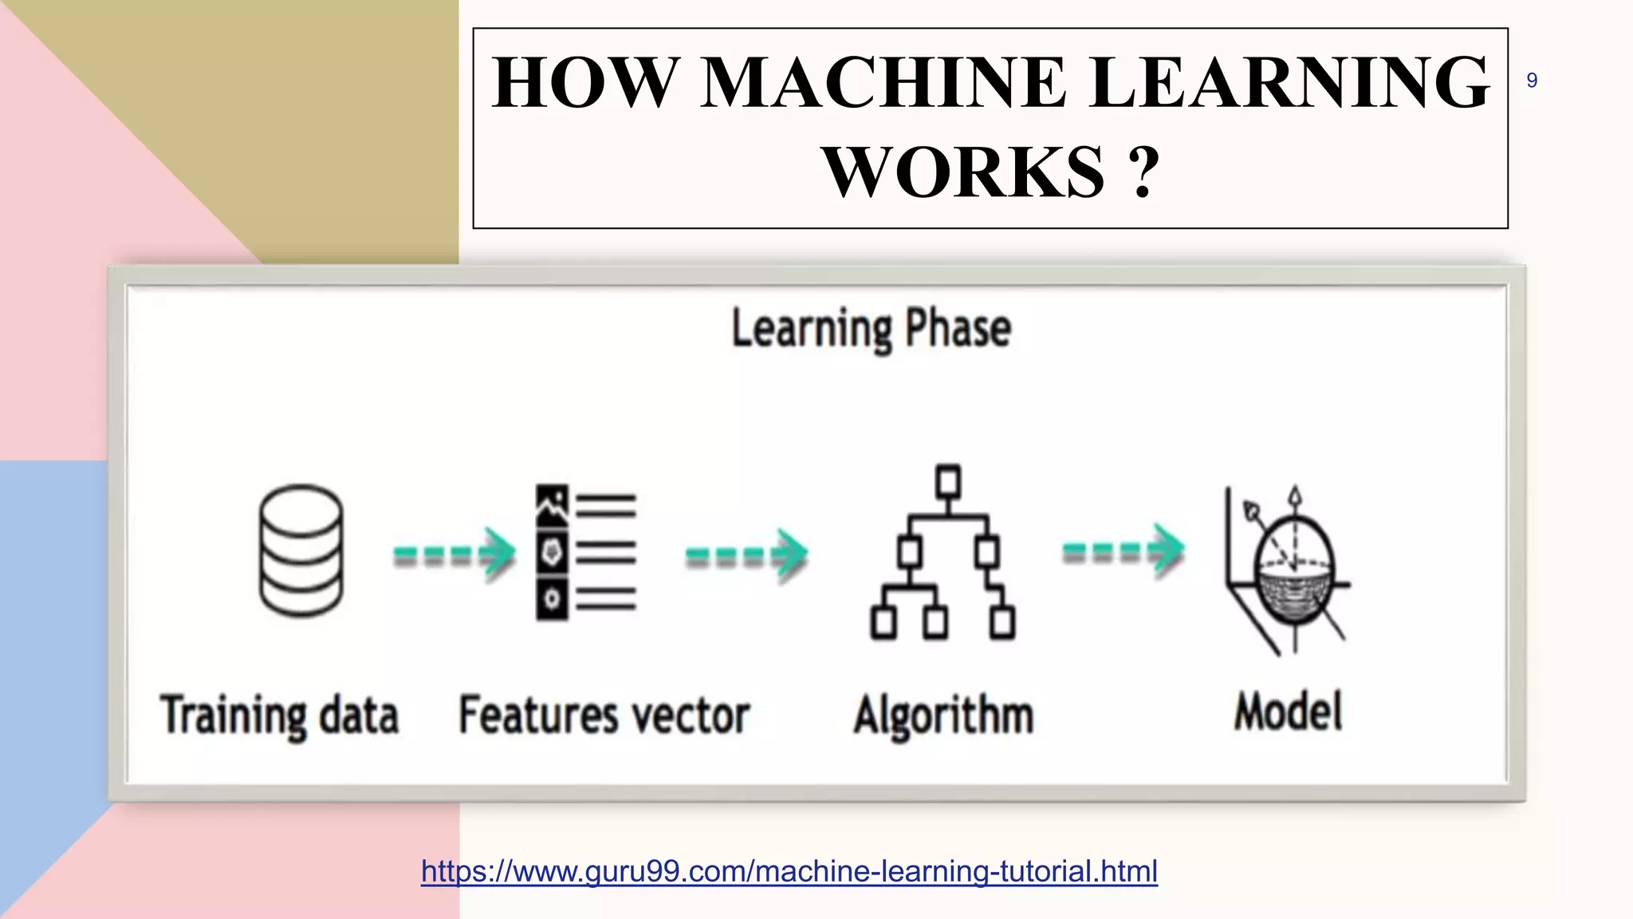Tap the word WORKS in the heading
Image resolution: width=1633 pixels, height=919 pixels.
tap(964, 172)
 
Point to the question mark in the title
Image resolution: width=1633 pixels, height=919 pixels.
tap(1143, 172)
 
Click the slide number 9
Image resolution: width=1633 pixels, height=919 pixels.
tap(1532, 81)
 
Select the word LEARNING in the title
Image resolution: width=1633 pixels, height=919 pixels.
tap(1289, 82)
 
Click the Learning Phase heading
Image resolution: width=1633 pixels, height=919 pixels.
tap(872, 329)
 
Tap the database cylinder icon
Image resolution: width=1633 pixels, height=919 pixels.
tap(301, 551)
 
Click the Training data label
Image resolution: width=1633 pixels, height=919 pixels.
tap(280, 715)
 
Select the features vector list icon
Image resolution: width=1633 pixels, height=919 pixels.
tap(586, 552)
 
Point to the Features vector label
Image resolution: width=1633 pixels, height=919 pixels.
tap(604, 715)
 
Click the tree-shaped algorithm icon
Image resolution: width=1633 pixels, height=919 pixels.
tap(943, 552)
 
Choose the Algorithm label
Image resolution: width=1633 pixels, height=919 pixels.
tap(944, 715)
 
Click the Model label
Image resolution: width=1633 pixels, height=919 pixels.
tap(1289, 712)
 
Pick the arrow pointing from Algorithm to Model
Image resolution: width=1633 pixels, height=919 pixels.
tap(1123, 550)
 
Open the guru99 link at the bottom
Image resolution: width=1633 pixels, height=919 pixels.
tap(789, 871)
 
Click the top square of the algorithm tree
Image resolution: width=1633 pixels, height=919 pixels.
tap(948, 482)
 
